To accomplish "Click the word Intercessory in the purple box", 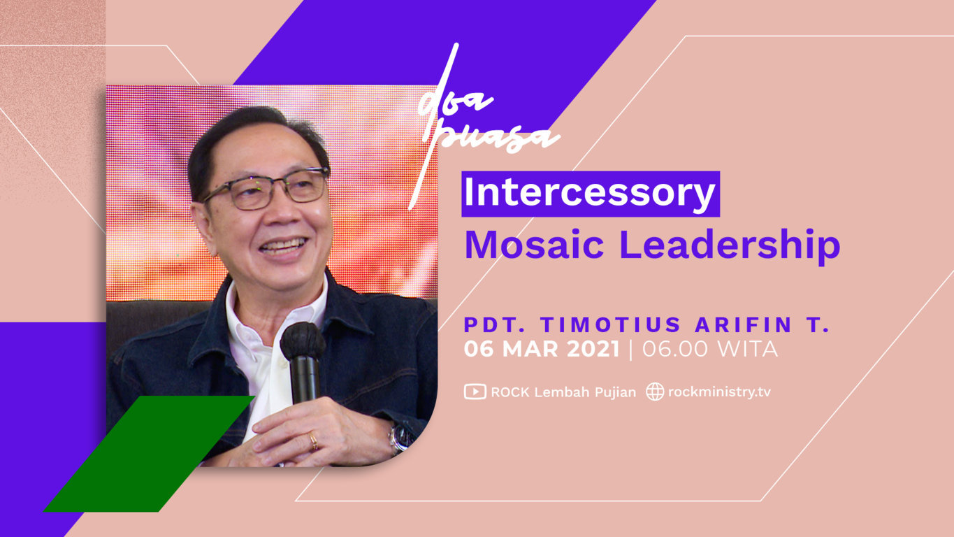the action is pyautogui.click(x=590, y=194).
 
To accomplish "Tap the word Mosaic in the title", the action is pyautogui.click(x=534, y=245).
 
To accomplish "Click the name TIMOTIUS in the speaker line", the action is pyautogui.click(x=611, y=324).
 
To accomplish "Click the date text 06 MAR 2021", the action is pyautogui.click(x=542, y=349).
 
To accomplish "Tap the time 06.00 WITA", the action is pyautogui.click(x=710, y=349).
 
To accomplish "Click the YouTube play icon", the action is pyautogui.click(x=475, y=392).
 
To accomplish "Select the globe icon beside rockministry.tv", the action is pyautogui.click(x=655, y=392).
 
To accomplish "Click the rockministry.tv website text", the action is pyautogui.click(x=719, y=392).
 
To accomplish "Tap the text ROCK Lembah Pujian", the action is pyautogui.click(x=563, y=392).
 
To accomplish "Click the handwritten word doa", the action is pyautogui.click(x=455, y=104).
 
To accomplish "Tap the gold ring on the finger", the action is pyautogui.click(x=313, y=441).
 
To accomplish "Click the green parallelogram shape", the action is pyautogui.click(x=149, y=454).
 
